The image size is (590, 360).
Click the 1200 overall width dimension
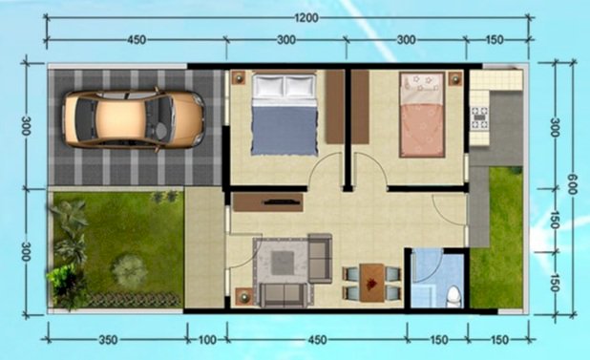point(306,18)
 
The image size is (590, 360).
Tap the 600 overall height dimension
point(572,184)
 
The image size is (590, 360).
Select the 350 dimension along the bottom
point(108,340)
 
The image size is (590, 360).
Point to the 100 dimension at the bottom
point(207,340)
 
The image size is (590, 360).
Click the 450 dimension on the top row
point(137,40)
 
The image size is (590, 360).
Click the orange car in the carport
point(135,119)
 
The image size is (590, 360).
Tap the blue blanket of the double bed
point(284,131)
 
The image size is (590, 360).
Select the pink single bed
point(422,115)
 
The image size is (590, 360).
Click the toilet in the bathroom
point(453,296)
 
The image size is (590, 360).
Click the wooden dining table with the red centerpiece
point(372,283)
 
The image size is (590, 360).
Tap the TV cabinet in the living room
point(268,202)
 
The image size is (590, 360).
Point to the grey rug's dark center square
point(283,263)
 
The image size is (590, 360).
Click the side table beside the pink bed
point(455,78)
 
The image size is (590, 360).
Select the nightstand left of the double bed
point(238,78)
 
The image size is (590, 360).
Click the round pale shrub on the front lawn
point(129,269)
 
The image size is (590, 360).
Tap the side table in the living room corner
point(243,296)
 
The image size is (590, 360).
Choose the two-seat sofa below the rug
point(282,295)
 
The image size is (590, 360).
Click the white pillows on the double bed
point(284,86)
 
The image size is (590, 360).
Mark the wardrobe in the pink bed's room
point(360,107)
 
